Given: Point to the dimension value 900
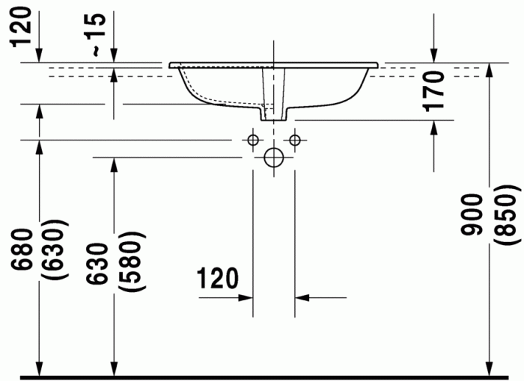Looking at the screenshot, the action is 472,215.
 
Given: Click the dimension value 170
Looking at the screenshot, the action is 433,91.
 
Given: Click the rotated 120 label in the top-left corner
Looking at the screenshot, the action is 21,28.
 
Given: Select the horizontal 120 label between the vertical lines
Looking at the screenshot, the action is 218,278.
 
